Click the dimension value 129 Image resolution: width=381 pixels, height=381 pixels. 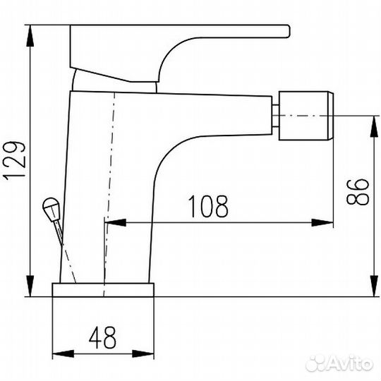14,161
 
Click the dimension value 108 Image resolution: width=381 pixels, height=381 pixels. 208,206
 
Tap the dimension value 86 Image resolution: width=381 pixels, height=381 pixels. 357,192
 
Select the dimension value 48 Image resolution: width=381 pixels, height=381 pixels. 102,337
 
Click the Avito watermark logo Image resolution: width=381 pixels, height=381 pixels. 339,363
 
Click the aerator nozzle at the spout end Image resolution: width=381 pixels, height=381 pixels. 306,116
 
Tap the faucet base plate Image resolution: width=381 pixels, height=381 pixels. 103,290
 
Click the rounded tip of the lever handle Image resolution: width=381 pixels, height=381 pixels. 288,31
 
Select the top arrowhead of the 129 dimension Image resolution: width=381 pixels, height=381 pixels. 30,36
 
